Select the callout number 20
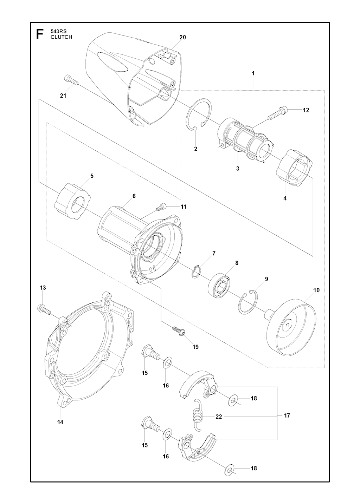tap(182, 37)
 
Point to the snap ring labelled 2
tap(198, 116)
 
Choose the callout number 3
tap(238, 169)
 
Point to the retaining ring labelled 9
tap(247, 300)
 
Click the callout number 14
tap(60, 422)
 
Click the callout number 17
tap(287, 415)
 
